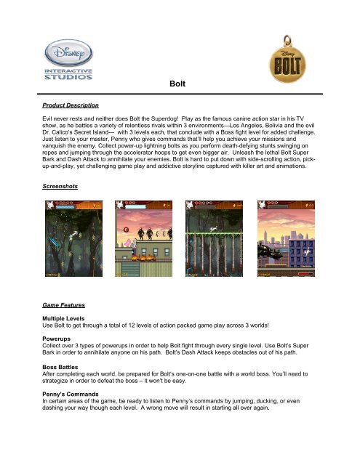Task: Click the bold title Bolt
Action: coord(180,84)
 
